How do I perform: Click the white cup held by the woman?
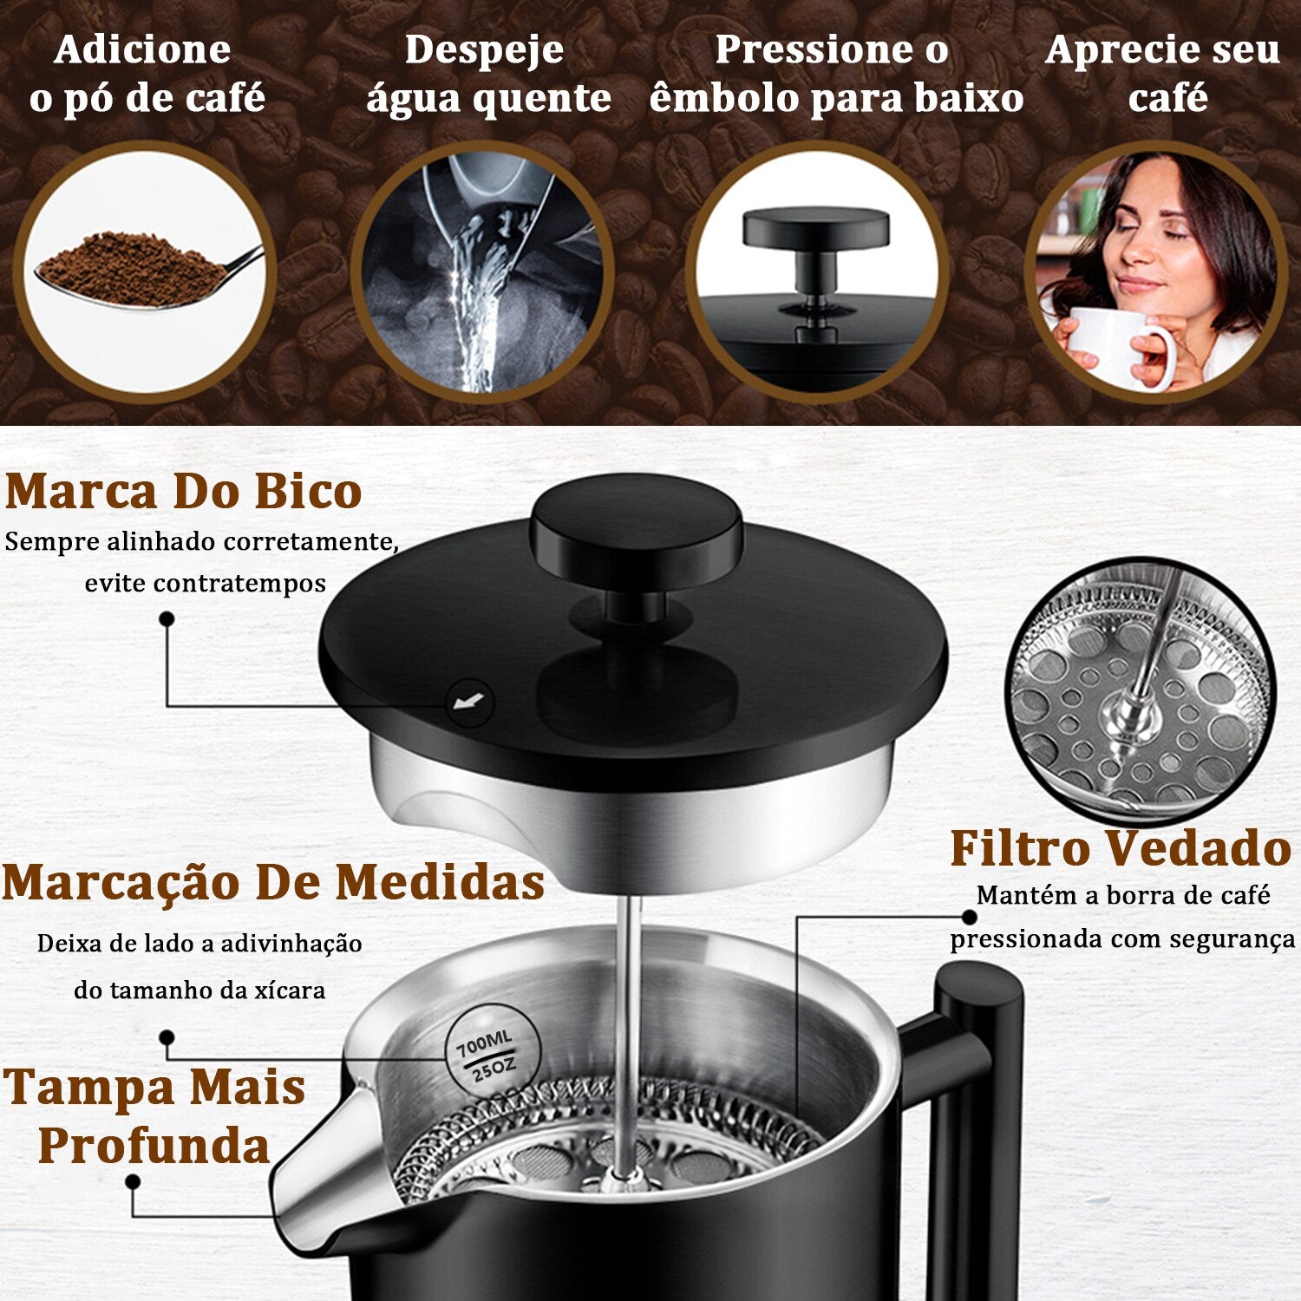tap(1119, 347)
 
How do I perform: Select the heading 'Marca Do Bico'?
tap(183, 491)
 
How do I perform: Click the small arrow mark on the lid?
tap(469, 701)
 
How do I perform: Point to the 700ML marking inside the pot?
tap(484, 1043)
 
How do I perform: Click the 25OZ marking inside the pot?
tap(494, 1069)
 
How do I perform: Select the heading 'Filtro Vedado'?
tap(1121, 848)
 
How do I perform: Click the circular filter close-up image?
tap(1141, 690)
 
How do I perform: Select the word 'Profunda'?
tap(154, 1145)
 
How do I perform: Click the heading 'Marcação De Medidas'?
tap(273, 882)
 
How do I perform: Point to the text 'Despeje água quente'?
tap(487, 74)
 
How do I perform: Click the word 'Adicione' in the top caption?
tap(142, 49)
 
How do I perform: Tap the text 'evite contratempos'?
tap(206, 583)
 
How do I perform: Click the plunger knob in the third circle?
tap(815, 229)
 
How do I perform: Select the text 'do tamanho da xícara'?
tap(199, 990)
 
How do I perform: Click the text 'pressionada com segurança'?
tap(1122, 939)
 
